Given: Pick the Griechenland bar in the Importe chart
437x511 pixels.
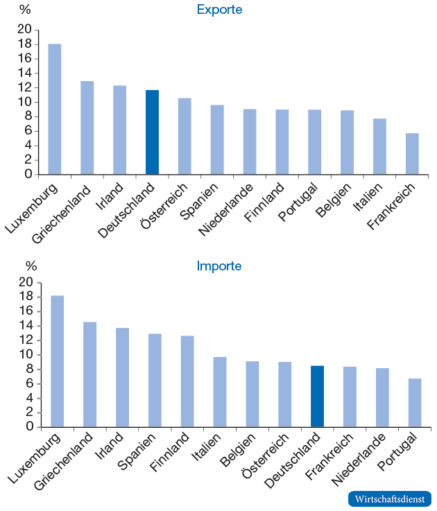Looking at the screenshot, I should pos(89,374).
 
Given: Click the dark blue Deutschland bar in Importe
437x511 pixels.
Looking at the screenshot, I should pos(317,396).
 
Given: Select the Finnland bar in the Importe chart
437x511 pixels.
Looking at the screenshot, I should pos(187,381).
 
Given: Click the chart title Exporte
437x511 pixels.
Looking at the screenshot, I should pos(219,10).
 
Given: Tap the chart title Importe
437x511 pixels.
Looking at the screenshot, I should pos(219,266).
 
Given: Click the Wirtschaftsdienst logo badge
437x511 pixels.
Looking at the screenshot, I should pos(389,499).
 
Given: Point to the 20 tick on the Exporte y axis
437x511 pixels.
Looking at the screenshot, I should pos(25,29).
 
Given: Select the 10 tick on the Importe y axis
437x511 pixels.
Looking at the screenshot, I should pos(25,354).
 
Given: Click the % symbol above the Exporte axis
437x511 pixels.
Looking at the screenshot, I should pos(25,10).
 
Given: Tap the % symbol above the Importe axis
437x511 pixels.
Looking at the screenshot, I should pos(31,266).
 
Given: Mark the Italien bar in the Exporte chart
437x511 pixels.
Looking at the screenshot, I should pos(379,146).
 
